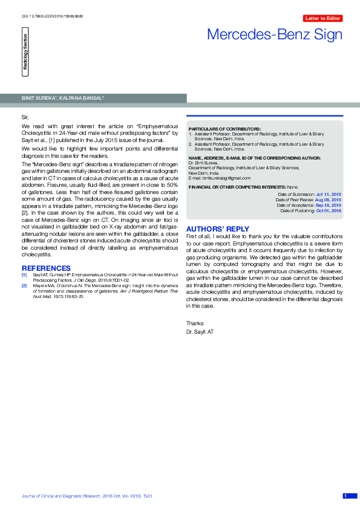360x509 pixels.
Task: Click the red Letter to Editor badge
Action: pyautogui.click(x=323, y=19)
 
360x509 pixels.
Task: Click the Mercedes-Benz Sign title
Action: pyautogui.click(x=275, y=34)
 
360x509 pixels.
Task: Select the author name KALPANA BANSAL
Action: pyautogui.click(x=82, y=98)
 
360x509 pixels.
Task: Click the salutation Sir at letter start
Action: pyautogui.click(x=25, y=115)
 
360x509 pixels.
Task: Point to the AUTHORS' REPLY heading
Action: pyautogui.click(x=217, y=229)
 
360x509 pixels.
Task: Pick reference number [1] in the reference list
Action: pyautogui.click(x=24, y=275)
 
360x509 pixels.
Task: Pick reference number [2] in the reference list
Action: pyautogui.click(x=24, y=285)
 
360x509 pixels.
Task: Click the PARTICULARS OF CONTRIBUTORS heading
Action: pyautogui.click(x=224, y=129)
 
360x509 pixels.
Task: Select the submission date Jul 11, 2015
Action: pyautogui.click(x=329, y=194)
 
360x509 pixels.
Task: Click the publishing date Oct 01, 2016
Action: pyautogui.click(x=329, y=210)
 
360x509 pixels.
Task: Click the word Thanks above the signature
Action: pyautogui.click(x=195, y=323)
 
